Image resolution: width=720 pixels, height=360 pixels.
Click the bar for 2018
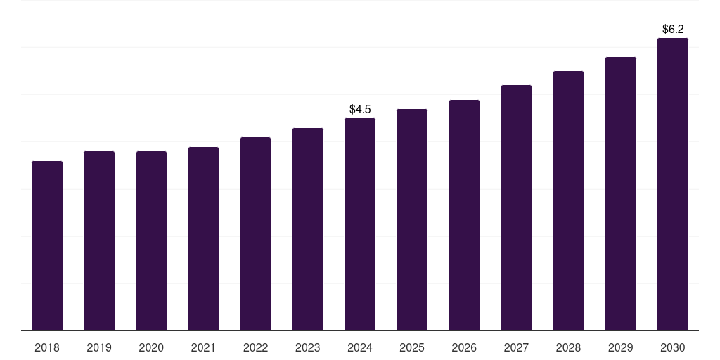[47, 246]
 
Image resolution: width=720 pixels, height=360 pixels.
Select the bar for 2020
[151, 241]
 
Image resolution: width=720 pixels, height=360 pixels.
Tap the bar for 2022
[255, 234]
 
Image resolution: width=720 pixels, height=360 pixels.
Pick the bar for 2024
[360, 224]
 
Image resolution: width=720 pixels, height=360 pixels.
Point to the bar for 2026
[464, 215]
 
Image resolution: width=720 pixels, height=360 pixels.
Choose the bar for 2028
[568, 201]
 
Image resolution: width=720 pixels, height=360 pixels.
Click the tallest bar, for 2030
[673, 184]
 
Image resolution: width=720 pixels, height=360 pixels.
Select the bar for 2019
[99, 241]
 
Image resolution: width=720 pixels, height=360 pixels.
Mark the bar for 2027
[516, 208]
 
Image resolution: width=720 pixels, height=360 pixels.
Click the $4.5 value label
[360, 109]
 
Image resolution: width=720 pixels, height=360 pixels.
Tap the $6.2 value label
[673, 29]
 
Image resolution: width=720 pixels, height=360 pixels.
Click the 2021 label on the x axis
[203, 347]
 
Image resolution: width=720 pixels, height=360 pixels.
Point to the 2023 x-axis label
[308, 347]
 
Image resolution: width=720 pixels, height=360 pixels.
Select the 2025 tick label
[412, 347]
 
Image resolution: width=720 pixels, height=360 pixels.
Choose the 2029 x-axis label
[621, 347]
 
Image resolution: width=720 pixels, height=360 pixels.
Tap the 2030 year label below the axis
[673, 347]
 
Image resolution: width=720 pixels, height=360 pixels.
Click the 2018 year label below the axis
[47, 347]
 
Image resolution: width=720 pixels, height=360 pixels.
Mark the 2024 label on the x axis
[360, 347]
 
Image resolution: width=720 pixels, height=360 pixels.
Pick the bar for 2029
[621, 194]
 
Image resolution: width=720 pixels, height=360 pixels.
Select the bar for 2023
[308, 229]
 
